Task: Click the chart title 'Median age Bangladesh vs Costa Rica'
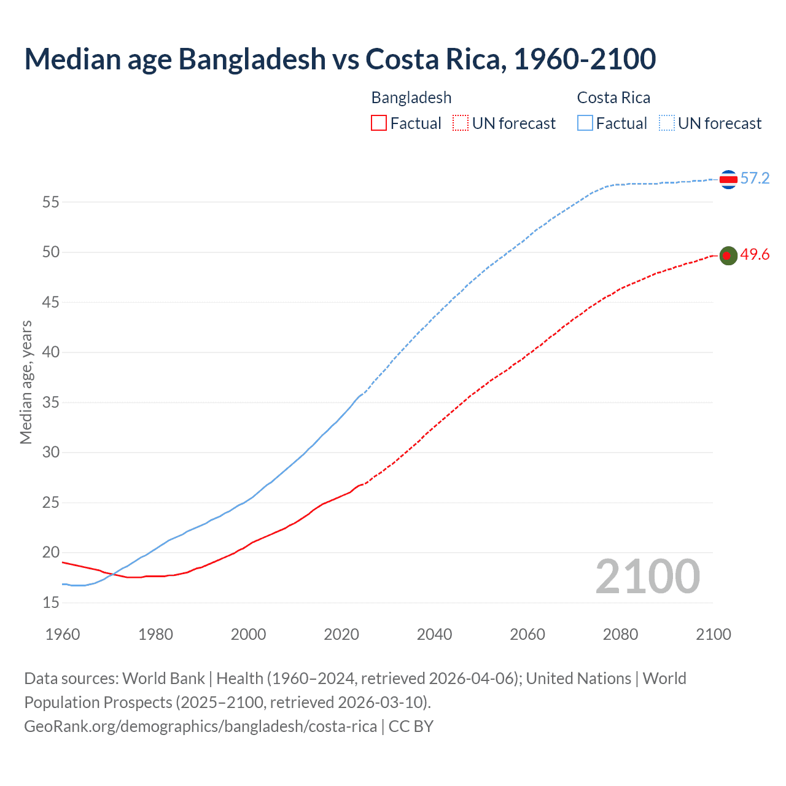(x=340, y=59)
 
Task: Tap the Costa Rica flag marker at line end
(x=728, y=179)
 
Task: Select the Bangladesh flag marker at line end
(x=728, y=255)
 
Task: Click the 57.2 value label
(x=755, y=179)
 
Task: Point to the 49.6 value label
(x=755, y=255)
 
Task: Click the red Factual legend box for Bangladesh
(x=379, y=123)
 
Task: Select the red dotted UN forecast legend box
(x=461, y=123)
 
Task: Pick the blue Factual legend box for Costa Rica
(x=585, y=123)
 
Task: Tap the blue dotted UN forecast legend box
(x=667, y=123)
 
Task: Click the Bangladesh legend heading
(x=411, y=98)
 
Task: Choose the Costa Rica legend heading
(x=613, y=98)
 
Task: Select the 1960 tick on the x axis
(x=63, y=634)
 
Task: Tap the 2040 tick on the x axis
(x=434, y=634)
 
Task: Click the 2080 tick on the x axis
(x=620, y=634)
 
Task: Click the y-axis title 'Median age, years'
(x=26, y=382)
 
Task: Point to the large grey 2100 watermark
(x=647, y=577)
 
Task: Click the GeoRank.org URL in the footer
(x=200, y=726)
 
